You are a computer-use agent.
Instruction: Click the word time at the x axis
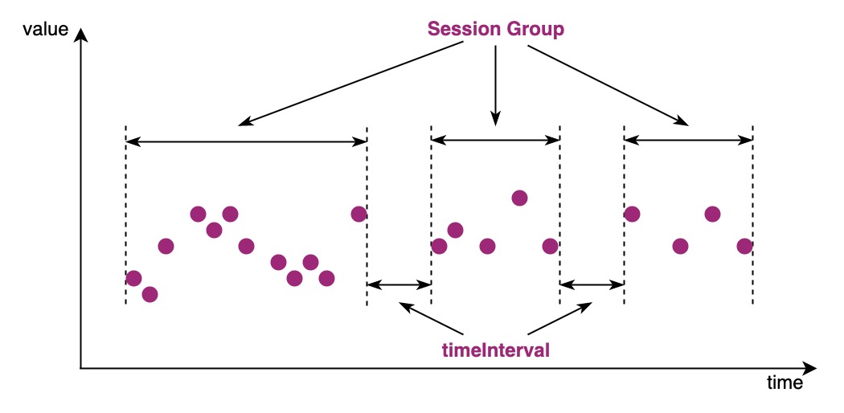(x=783, y=382)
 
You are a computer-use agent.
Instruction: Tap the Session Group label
(x=495, y=29)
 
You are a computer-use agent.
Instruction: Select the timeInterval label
(x=495, y=350)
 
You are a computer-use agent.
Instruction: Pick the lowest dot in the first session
(x=150, y=294)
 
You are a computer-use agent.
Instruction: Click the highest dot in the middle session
(x=519, y=198)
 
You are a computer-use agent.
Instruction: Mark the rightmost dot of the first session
(x=358, y=214)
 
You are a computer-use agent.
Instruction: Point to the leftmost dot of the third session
(x=632, y=214)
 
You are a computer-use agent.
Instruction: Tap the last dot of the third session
(x=744, y=246)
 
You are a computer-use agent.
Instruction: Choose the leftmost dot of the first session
(x=133, y=278)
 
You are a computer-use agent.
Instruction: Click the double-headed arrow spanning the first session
(x=246, y=141)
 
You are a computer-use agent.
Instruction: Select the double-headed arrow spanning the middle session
(x=495, y=141)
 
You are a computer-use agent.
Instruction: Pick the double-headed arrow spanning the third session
(x=688, y=141)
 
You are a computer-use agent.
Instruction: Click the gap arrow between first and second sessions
(x=399, y=284)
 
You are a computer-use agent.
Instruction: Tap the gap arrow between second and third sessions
(x=592, y=284)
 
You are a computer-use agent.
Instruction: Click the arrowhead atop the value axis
(x=80, y=35)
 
